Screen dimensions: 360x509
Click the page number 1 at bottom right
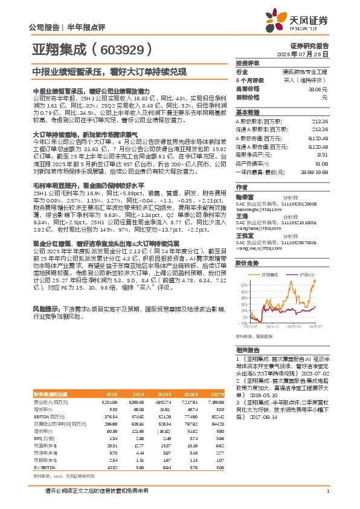point(327,499)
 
